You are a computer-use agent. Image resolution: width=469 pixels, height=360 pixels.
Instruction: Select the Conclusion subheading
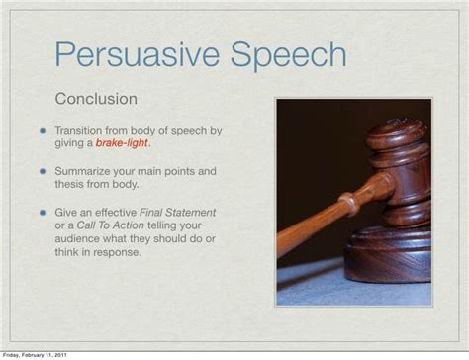point(95,100)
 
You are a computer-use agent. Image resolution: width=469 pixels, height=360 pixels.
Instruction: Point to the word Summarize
point(84,171)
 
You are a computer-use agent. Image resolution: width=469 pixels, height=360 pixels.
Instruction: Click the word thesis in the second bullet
point(71,185)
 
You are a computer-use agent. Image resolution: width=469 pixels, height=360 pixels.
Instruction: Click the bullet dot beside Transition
point(44,131)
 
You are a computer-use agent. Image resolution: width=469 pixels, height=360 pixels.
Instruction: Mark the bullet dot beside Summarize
point(44,172)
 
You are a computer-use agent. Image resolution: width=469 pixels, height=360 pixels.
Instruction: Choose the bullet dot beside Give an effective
point(44,214)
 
